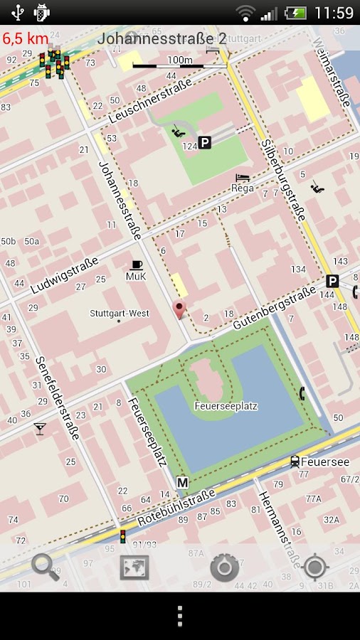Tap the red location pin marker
coord(179,309)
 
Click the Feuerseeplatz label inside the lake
coord(226,406)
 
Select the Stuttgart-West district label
coord(120,314)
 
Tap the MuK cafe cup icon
coord(136,265)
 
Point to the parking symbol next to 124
coord(205,143)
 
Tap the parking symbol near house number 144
coord(332,281)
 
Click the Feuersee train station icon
coord(295,462)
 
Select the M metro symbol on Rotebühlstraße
coord(182,482)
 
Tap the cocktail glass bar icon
coord(40,428)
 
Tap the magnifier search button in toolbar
coord(46,567)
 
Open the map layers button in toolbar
coord(134,567)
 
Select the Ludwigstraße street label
coord(65,276)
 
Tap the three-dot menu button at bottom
coord(180,617)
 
